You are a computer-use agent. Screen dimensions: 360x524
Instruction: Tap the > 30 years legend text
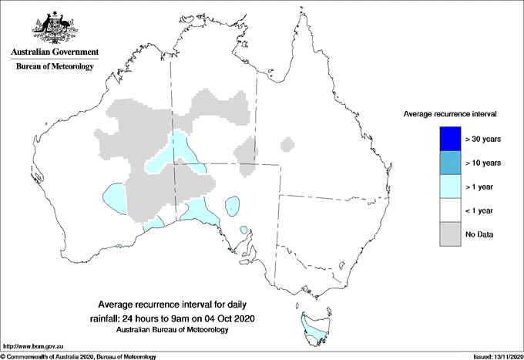[x=483, y=139]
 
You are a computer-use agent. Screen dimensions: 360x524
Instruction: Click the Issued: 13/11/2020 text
[x=496, y=356]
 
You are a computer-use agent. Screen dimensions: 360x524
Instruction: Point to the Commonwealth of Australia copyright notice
[x=79, y=356]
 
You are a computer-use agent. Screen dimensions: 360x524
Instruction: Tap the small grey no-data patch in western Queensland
[x=288, y=144]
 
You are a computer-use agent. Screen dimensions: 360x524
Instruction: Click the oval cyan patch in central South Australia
[x=230, y=205]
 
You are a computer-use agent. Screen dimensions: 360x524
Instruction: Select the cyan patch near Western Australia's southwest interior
[x=114, y=196]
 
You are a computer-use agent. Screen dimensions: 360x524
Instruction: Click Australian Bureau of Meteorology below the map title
[x=172, y=330]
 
